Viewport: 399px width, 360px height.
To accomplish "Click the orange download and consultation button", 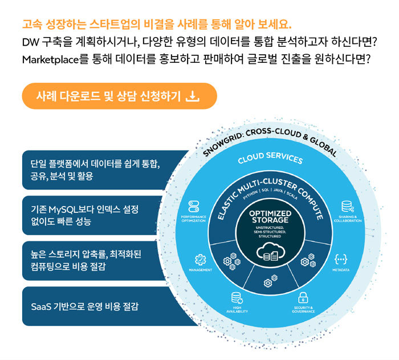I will coord(119,96).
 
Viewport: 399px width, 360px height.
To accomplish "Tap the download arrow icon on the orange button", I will coord(192,96).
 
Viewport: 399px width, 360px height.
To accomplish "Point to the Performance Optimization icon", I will coord(194,207).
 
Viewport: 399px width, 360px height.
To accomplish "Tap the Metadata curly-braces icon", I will coord(341,258).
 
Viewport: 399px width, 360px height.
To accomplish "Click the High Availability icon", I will coord(236,297).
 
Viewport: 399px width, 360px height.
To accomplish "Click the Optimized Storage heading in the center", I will coord(270,217).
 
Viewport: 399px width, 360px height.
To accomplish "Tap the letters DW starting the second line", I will coord(29,42).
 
